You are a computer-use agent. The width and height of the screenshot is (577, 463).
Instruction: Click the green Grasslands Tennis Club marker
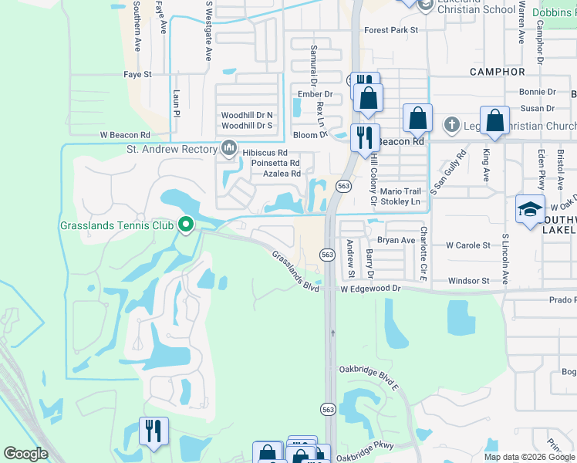[185, 225]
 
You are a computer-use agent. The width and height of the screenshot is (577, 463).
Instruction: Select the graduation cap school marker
[531, 210]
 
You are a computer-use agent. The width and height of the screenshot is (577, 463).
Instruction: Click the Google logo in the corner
[25, 454]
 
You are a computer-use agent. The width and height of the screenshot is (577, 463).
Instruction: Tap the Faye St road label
[138, 75]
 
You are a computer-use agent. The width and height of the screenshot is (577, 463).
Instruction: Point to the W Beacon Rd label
[124, 134]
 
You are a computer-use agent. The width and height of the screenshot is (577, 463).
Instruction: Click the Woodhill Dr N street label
[247, 115]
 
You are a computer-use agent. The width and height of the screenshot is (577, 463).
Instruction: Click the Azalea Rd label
[282, 174]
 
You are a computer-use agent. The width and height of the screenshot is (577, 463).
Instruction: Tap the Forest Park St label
[391, 30]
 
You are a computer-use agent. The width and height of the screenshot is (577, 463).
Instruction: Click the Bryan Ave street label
[396, 240]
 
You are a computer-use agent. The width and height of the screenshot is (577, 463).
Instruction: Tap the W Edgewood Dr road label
[373, 288]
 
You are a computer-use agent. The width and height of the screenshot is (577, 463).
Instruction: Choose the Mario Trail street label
[401, 191]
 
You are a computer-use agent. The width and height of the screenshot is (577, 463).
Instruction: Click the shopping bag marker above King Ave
[494, 120]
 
